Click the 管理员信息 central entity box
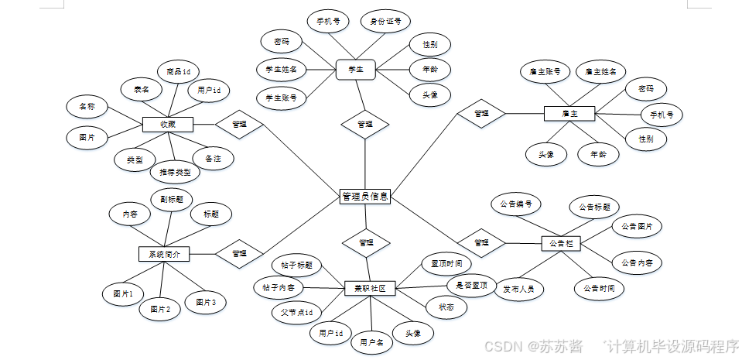365,197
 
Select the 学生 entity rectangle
356,70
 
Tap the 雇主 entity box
569,114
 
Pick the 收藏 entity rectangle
167,124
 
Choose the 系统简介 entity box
163,254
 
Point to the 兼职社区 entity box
369,289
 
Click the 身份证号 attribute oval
385,22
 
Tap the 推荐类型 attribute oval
175,172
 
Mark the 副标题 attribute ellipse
171,199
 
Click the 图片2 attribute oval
160,310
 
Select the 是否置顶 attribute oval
472,286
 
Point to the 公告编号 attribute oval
517,204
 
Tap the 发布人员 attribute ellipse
518,290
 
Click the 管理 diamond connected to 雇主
481,114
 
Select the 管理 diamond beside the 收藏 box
238,124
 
